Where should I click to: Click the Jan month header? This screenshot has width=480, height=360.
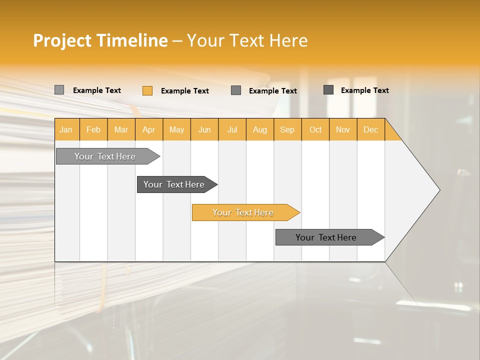tap(66, 129)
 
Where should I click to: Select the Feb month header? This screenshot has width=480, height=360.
tap(93, 129)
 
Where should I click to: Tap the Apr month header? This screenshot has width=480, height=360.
tap(149, 129)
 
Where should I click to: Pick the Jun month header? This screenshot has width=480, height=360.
tap(204, 129)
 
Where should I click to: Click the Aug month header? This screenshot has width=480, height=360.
tap(260, 129)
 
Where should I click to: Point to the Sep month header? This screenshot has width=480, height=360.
tap(287, 129)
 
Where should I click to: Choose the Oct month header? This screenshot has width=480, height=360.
tap(315, 129)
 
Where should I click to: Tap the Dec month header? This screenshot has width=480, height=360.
tap(371, 129)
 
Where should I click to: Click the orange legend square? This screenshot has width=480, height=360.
tap(147, 90)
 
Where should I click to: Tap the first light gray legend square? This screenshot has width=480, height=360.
tap(59, 90)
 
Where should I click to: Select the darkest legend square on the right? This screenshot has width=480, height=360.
tap(328, 90)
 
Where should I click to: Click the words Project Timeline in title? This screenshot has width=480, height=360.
tap(100, 40)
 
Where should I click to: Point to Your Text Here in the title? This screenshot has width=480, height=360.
tap(247, 40)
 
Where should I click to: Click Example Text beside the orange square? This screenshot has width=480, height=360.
tap(185, 91)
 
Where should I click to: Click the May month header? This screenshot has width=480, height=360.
tap(176, 129)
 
